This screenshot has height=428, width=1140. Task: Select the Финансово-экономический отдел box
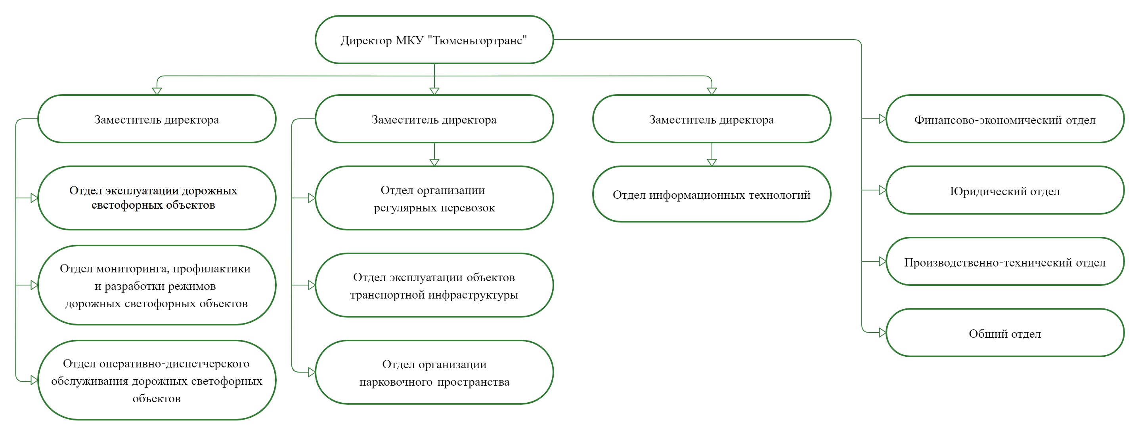(x=1005, y=119)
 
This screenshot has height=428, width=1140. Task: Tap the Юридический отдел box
(x=1005, y=190)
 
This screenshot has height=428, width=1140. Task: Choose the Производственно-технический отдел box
(x=1005, y=262)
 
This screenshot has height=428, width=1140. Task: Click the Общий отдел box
(x=1005, y=333)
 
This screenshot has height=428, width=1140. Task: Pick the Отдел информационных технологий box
(x=712, y=194)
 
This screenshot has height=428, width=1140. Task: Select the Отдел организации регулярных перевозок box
(x=434, y=198)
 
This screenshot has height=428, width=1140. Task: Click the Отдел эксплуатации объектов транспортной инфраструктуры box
(x=434, y=285)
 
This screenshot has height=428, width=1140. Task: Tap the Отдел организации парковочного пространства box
(x=434, y=372)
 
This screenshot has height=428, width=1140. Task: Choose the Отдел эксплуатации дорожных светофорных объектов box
(x=157, y=198)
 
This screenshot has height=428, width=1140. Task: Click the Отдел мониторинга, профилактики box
(x=157, y=285)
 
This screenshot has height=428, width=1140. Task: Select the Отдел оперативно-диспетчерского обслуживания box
(x=157, y=380)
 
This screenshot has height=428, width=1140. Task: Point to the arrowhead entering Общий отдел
(x=882, y=333)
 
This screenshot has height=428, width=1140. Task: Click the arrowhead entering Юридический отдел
(x=882, y=190)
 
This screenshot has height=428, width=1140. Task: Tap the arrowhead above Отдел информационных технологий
(x=712, y=162)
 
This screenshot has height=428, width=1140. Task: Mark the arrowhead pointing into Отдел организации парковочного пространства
(x=312, y=372)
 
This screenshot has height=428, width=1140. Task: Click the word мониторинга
(x=132, y=269)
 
